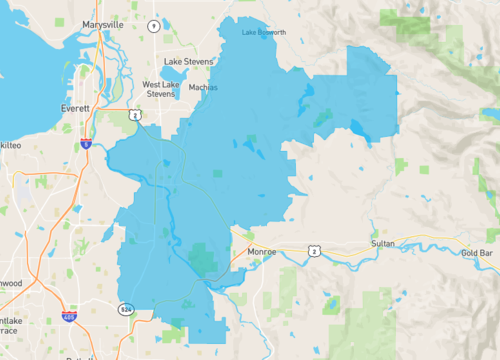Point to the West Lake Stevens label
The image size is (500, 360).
coord(162,90)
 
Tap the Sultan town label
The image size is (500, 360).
coord(383,243)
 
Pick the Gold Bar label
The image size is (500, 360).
coord(477,253)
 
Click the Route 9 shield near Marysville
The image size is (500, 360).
coord(153,25)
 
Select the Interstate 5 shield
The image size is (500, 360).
coord(87,144)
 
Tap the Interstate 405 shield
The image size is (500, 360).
coord(69,317)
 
